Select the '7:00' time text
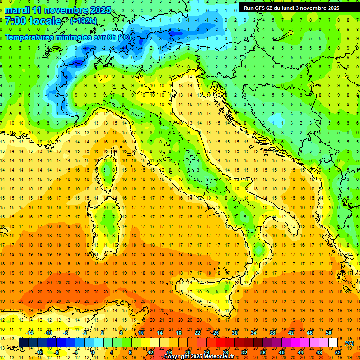coord(15,21)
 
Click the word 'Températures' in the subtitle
coord(29,37)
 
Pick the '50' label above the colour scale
coord(328,333)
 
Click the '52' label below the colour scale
coord(338,352)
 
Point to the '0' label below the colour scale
coord(93,352)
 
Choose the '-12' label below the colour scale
coord(39,352)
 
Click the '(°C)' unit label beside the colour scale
coord(349,343)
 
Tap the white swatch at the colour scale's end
coord(333,343)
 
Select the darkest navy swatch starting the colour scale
coord(23,343)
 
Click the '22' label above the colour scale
coord(197,333)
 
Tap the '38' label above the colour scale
coord(272,333)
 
